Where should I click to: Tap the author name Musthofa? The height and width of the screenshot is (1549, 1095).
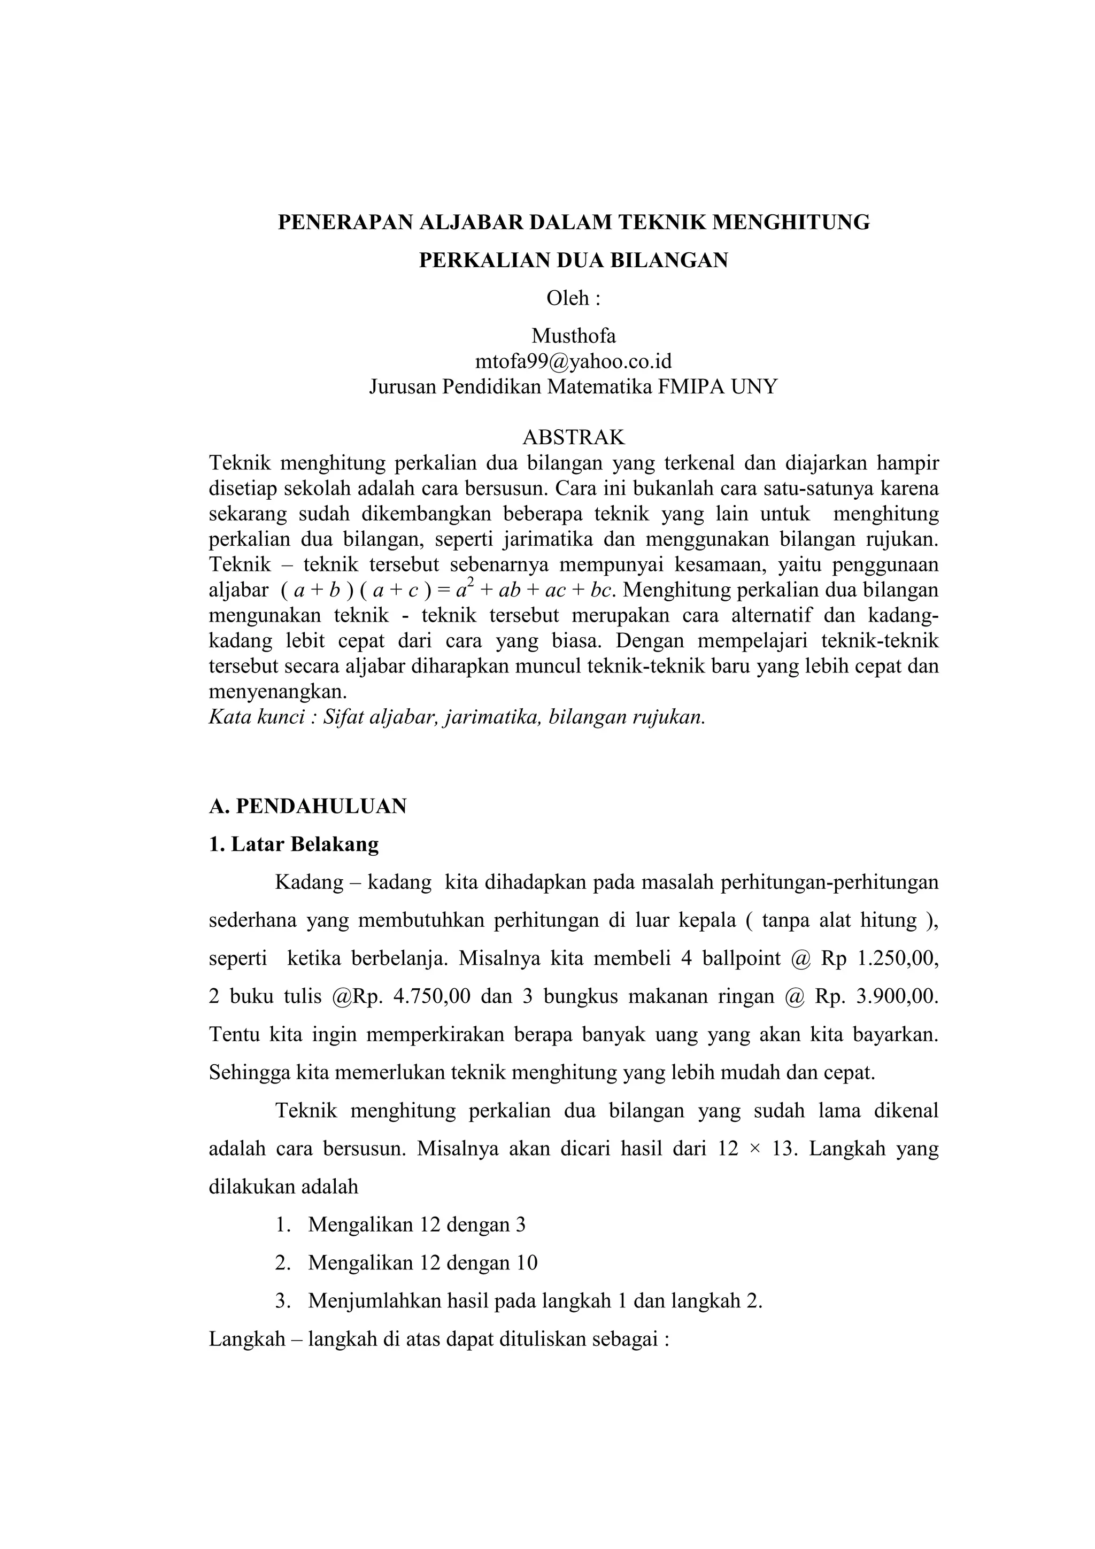point(574,335)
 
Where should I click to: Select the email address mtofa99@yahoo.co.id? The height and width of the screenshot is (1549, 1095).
point(574,362)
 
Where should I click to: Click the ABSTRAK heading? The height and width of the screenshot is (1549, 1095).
point(574,437)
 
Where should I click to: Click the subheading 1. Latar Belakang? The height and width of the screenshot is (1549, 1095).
point(294,844)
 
